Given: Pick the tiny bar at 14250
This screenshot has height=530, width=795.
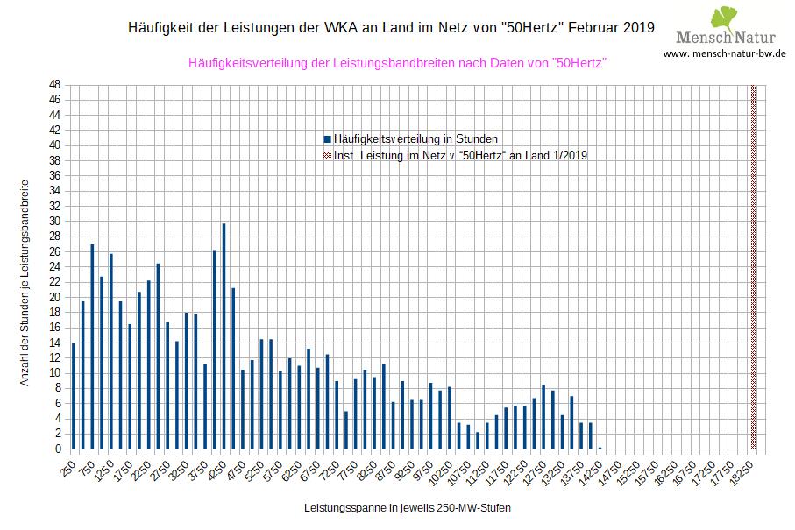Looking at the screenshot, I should (600, 448).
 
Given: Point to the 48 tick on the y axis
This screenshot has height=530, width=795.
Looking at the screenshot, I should (54, 85).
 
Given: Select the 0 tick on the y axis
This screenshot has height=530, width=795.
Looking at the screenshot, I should (57, 449).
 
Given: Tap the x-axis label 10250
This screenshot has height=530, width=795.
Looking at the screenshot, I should (439, 470).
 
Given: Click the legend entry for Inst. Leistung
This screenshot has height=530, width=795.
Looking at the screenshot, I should (460, 155).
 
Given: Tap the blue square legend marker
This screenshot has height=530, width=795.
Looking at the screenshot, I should (327, 138).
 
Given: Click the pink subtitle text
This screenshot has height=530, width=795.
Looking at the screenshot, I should (398, 63).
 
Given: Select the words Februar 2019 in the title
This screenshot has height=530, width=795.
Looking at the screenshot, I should (611, 27).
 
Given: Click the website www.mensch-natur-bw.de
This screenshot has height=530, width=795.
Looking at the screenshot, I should (724, 53).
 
